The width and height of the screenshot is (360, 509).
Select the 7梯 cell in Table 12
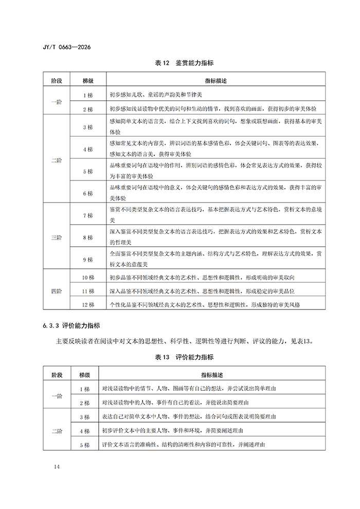[87, 215]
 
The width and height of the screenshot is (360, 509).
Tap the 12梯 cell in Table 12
[87, 305]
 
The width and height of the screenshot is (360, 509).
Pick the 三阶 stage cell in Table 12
[56, 238]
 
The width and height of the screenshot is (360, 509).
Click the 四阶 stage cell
[56, 292]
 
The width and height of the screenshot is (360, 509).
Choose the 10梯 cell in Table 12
[87, 278]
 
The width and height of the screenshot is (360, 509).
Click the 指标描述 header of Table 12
[215, 81]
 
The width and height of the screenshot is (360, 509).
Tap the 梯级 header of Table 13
[84, 376]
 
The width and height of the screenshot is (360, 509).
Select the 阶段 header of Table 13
[56, 376]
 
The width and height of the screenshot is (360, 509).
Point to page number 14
[57, 466]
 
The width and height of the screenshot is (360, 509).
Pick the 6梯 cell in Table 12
[87, 193]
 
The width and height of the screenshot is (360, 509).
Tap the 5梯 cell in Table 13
[84, 444]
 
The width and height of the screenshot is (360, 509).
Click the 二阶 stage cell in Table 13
[56, 430]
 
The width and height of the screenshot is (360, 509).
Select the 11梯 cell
[87, 292]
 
